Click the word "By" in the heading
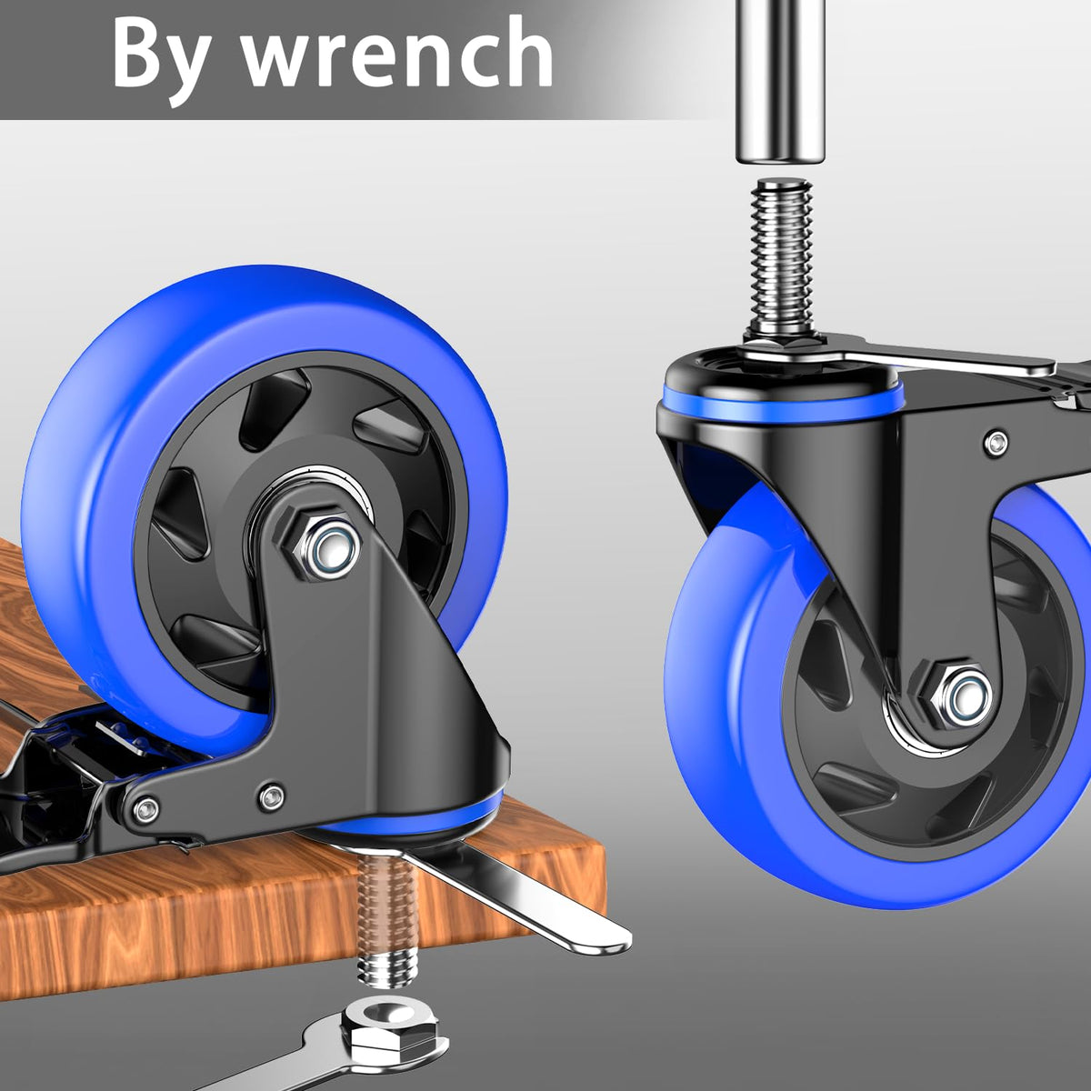(161, 59)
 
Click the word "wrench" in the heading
(397, 54)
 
